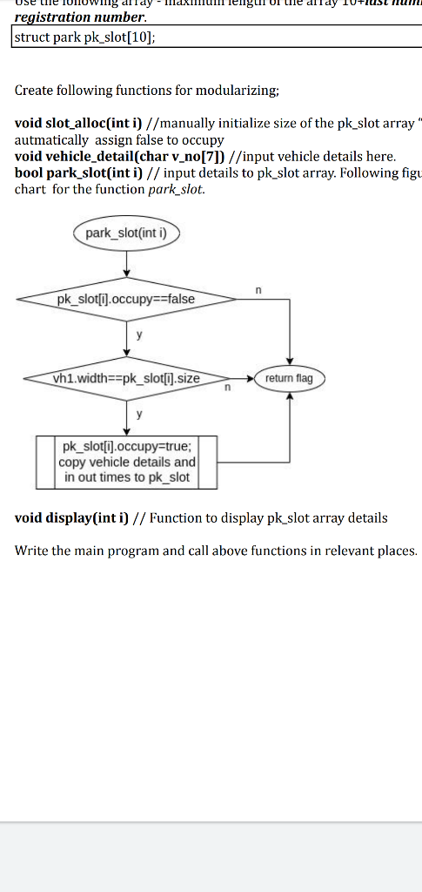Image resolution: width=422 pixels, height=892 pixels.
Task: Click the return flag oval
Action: coord(289,378)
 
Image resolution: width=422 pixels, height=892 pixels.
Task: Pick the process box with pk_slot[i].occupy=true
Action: coord(127,463)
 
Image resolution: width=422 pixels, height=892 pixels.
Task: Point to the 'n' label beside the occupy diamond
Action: coord(258,288)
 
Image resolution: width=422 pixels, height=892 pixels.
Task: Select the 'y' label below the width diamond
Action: coord(137,415)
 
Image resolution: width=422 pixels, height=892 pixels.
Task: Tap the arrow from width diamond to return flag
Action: coord(235,378)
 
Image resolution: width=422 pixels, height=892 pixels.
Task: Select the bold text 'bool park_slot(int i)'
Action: coord(73,173)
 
